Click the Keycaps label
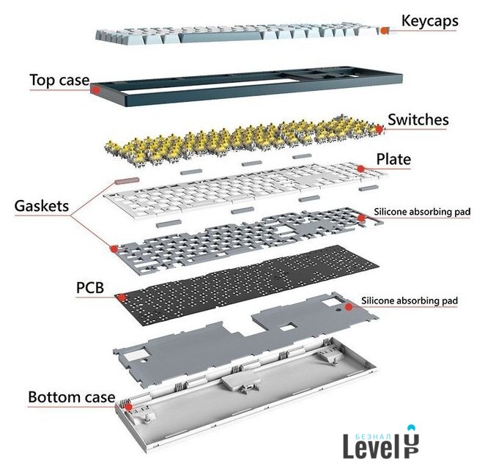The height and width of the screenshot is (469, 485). click(x=429, y=21)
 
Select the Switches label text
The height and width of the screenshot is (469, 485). click(x=418, y=119)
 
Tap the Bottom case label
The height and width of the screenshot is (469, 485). click(x=72, y=398)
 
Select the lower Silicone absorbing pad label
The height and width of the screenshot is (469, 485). click(x=410, y=300)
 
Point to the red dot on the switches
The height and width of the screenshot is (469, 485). click(x=378, y=129)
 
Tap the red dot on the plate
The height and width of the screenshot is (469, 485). click(x=361, y=169)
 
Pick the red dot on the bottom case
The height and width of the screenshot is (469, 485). click(x=128, y=405)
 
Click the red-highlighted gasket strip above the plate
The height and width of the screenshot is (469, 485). click(x=127, y=179)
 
